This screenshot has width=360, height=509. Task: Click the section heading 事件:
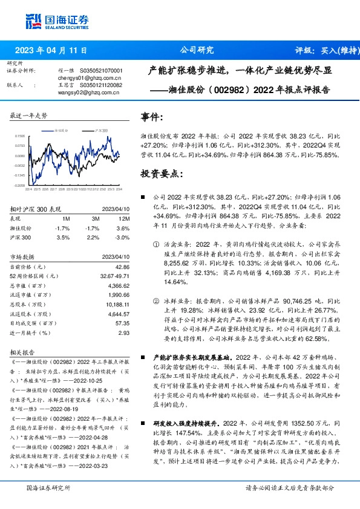point(151,116)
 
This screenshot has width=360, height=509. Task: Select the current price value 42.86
point(122,267)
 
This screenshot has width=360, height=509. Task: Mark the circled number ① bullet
point(155,242)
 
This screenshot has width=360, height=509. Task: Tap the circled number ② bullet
point(155,300)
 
